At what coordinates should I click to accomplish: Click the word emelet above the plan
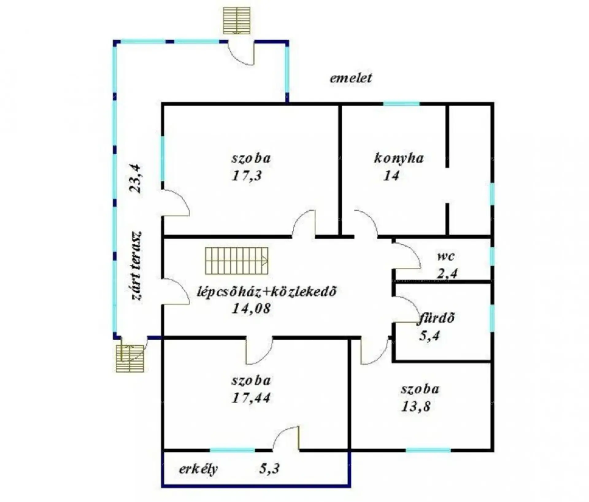(x=351, y=78)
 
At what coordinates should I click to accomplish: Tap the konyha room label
(x=399, y=158)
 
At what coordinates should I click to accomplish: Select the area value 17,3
(x=247, y=176)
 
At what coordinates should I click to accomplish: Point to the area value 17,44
(x=251, y=398)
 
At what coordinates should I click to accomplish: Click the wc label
(x=446, y=256)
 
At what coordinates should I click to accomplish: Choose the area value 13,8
(x=416, y=407)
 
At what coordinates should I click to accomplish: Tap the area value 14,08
(x=251, y=308)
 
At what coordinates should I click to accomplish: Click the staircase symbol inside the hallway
(x=237, y=261)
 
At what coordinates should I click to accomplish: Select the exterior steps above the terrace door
(x=237, y=20)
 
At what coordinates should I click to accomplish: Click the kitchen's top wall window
(x=402, y=104)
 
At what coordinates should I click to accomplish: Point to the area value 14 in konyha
(x=391, y=176)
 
